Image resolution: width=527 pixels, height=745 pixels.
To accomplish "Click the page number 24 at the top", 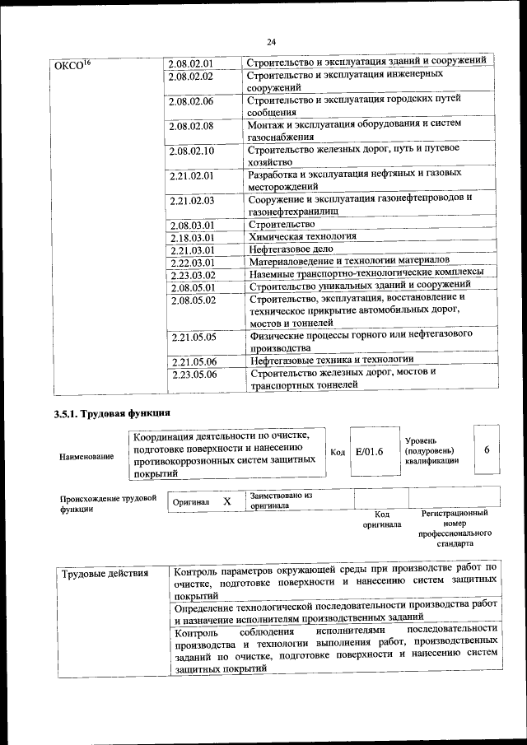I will coord(271,42).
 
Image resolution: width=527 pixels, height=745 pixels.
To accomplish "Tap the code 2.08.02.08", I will coord(191,126).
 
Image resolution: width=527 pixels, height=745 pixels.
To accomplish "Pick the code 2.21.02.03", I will coord(191,200).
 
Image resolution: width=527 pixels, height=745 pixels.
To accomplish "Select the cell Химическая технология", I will coord(302,236).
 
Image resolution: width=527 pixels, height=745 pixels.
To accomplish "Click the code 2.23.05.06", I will coord(194,375).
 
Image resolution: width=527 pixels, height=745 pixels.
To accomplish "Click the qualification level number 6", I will coord(487,449).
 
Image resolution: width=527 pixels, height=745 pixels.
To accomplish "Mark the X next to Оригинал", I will coord(227,501).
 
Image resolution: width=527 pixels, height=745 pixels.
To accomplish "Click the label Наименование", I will coord(86,457).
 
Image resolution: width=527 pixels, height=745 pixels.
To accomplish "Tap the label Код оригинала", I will coord(381,519).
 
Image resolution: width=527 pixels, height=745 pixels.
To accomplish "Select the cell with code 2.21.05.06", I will coord(194,361).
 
